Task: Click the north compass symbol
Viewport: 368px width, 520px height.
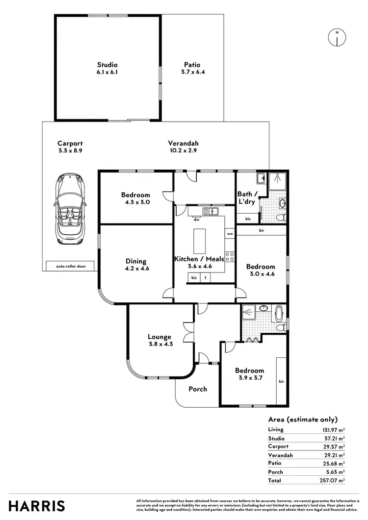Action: pyautogui.click(x=337, y=38)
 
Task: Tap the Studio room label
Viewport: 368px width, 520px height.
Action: pyautogui.click(x=107, y=68)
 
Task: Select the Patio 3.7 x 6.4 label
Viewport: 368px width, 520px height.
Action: pyautogui.click(x=192, y=68)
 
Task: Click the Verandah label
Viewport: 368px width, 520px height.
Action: pyautogui.click(x=183, y=147)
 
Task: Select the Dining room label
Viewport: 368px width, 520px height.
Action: pyautogui.click(x=135, y=265)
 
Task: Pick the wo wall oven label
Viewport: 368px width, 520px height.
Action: pyautogui.click(x=230, y=234)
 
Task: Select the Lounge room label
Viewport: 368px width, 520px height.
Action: pyautogui.click(x=159, y=340)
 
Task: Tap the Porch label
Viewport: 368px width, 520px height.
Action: pyautogui.click(x=198, y=389)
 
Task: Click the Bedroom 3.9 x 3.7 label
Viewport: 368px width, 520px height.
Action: pyautogui.click(x=249, y=374)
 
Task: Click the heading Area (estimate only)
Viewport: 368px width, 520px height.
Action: pyautogui.click(x=303, y=419)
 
